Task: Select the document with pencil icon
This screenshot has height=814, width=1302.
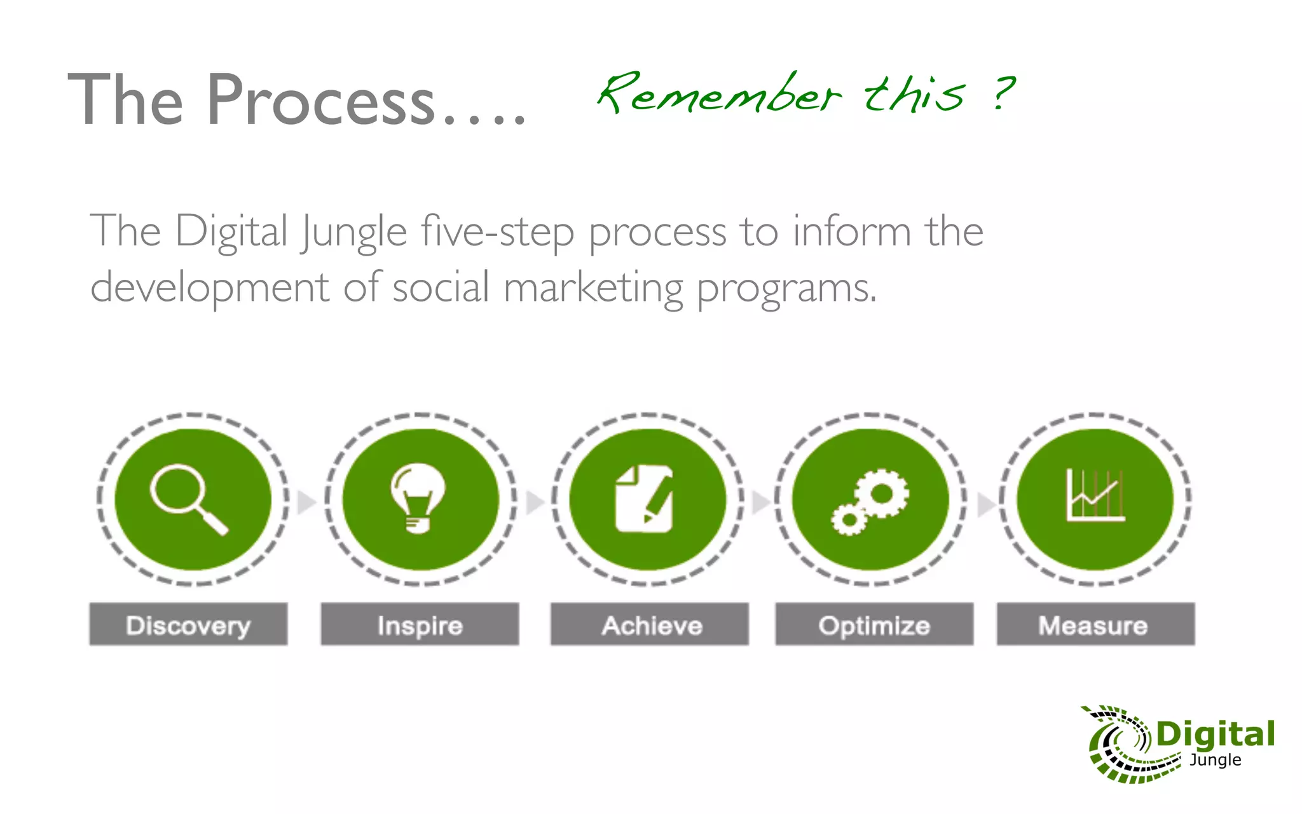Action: tap(644, 499)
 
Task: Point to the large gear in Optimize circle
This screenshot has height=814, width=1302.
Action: tap(881, 493)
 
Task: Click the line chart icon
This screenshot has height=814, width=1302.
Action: tap(1095, 496)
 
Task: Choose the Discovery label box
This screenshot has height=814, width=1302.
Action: tap(188, 624)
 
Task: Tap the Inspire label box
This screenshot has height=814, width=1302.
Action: tap(420, 624)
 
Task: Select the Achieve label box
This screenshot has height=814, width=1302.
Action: tap(650, 624)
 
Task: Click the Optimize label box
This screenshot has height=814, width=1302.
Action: tap(874, 624)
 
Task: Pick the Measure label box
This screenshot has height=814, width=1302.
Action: tap(1095, 624)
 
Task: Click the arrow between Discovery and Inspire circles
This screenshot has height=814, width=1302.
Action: tap(306, 502)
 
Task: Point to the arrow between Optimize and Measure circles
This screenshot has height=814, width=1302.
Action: tap(985, 504)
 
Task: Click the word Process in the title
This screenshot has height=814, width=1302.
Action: tap(321, 100)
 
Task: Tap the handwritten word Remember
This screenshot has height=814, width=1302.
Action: tap(718, 94)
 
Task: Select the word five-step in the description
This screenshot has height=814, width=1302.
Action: tap(497, 231)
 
